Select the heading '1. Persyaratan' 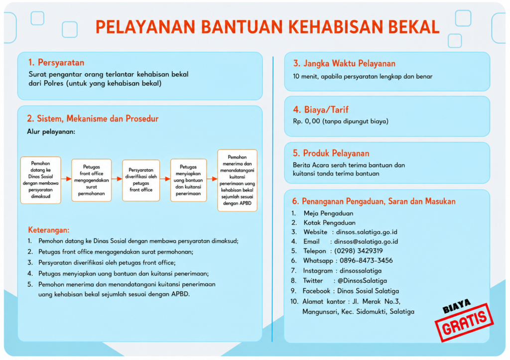coord(56,62)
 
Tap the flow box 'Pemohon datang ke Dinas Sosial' coord(41,180)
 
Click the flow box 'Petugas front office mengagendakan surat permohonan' coord(92,180)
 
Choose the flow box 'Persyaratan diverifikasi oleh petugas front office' coord(141,180)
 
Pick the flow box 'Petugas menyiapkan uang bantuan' coord(188,180)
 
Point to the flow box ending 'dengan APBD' coord(237,180)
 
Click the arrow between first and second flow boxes coord(66,179)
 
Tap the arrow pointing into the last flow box coord(212,179)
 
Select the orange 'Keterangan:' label coord(49,230)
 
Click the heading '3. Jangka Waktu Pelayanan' coord(344,63)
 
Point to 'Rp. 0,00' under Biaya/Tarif coord(306,121)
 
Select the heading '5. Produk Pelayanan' coord(331,153)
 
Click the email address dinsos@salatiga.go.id coord(366,241)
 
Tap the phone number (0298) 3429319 coord(359,251)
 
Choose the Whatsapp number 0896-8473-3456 coord(366,261)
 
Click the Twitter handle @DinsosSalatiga coord(363,281)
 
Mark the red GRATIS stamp coord(465,322)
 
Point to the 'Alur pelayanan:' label coord(51,132)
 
